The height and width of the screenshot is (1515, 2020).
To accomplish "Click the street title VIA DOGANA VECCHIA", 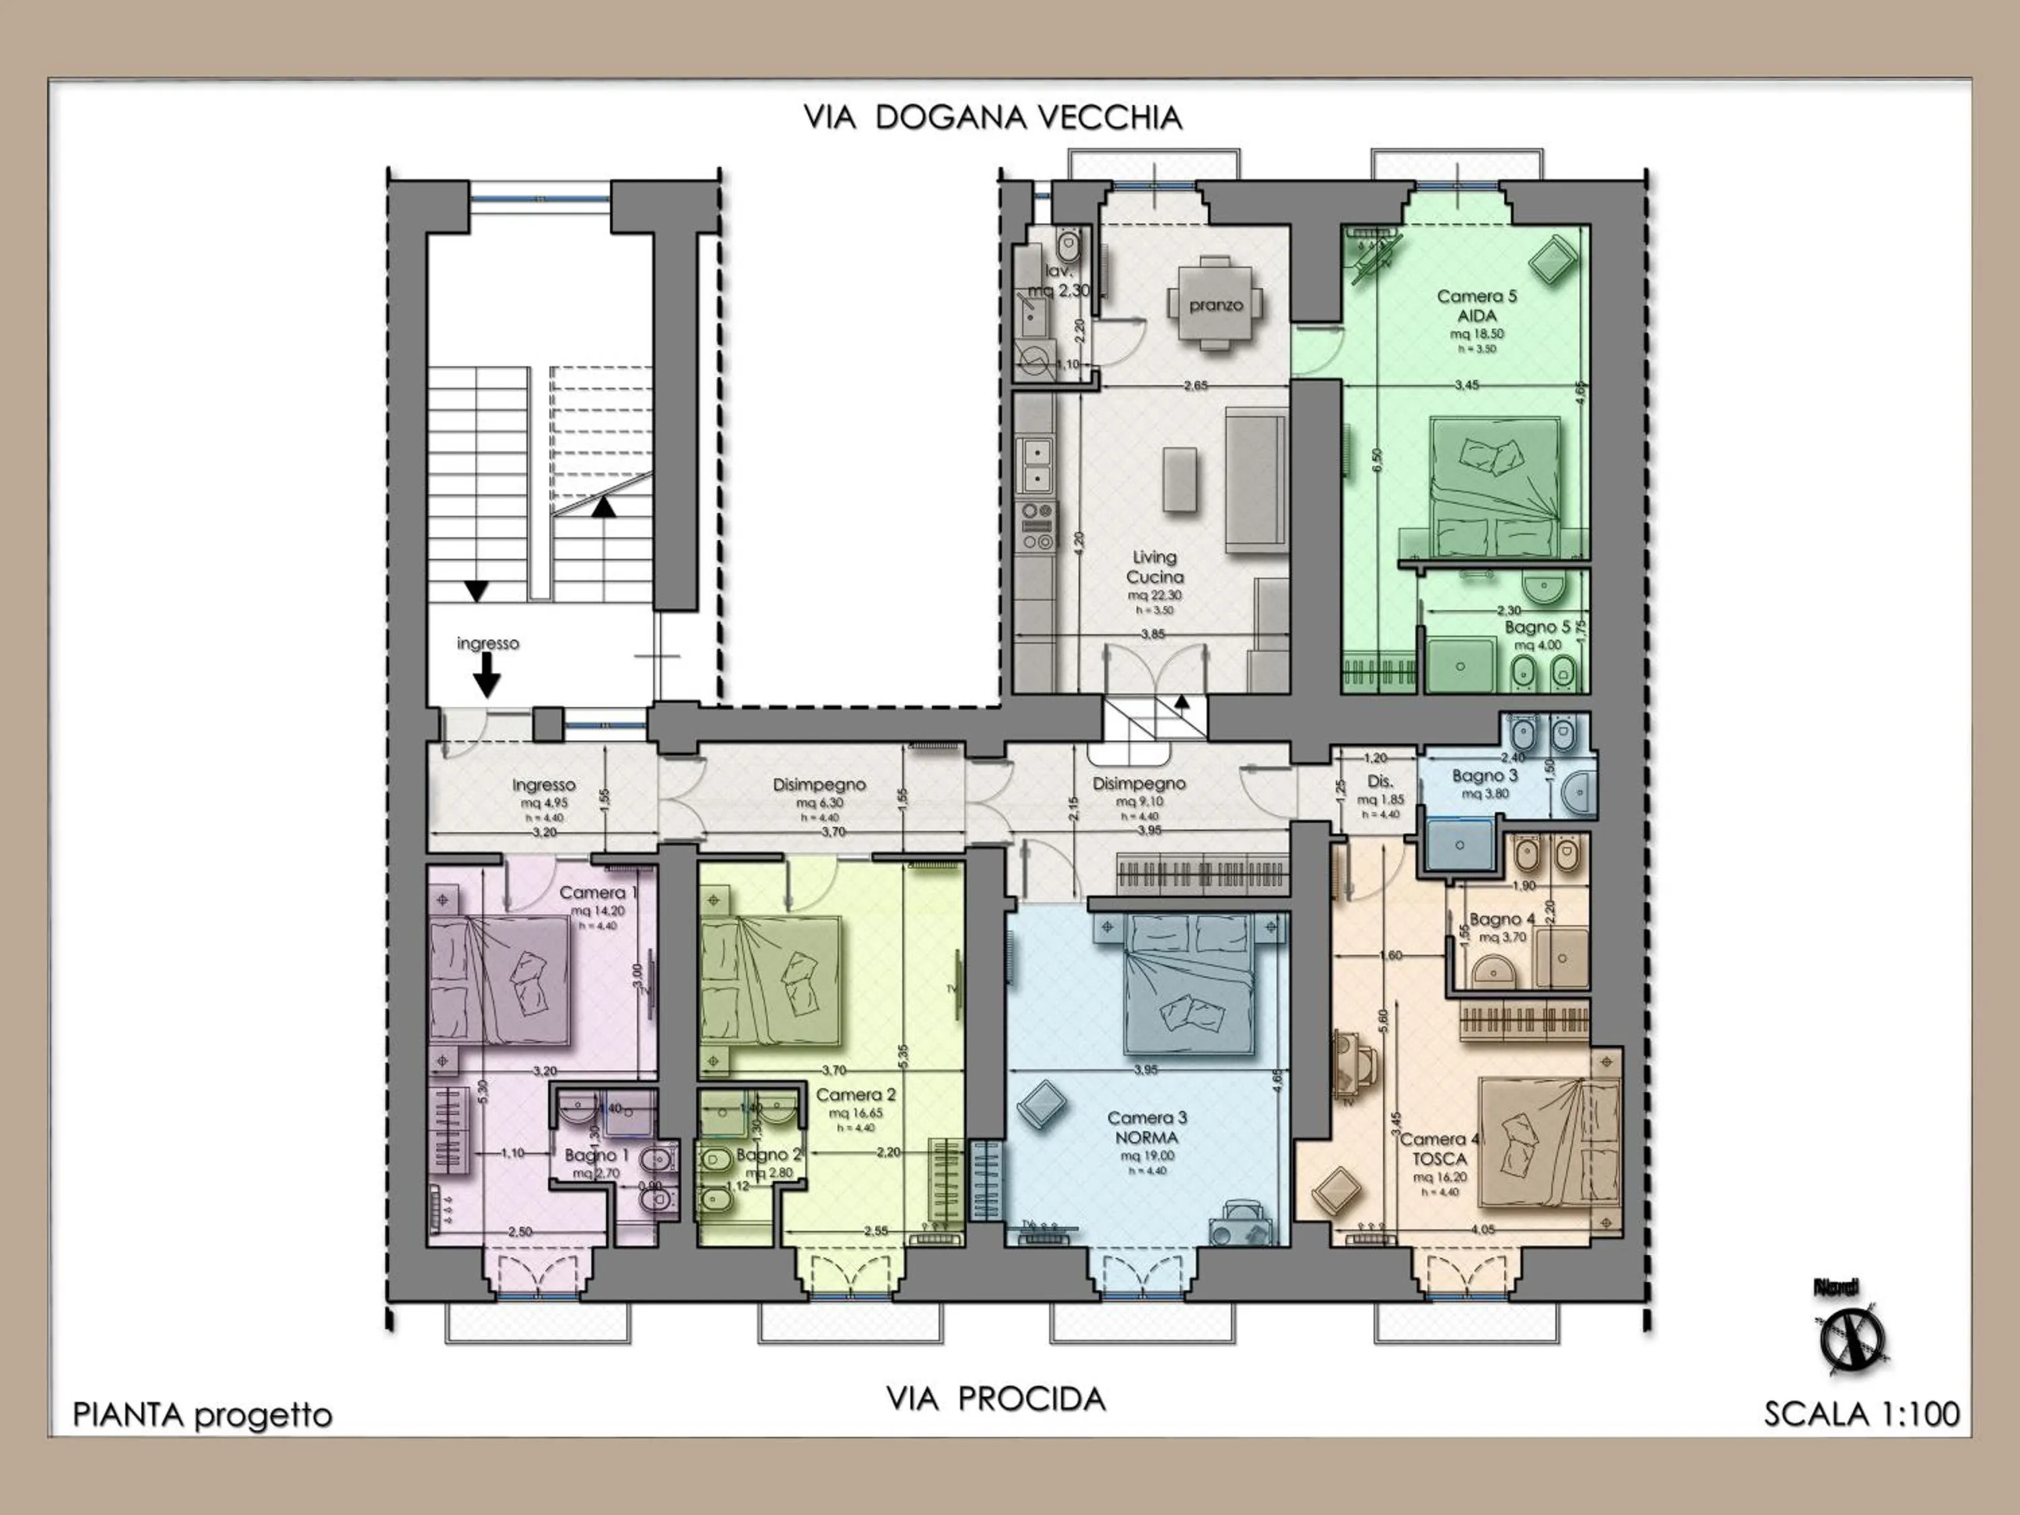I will (x=992, y=118).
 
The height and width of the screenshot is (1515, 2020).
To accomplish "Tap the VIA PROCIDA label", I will (x=995, y=1399).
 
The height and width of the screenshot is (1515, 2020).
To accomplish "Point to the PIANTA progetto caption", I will (x=202, y=1415).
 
